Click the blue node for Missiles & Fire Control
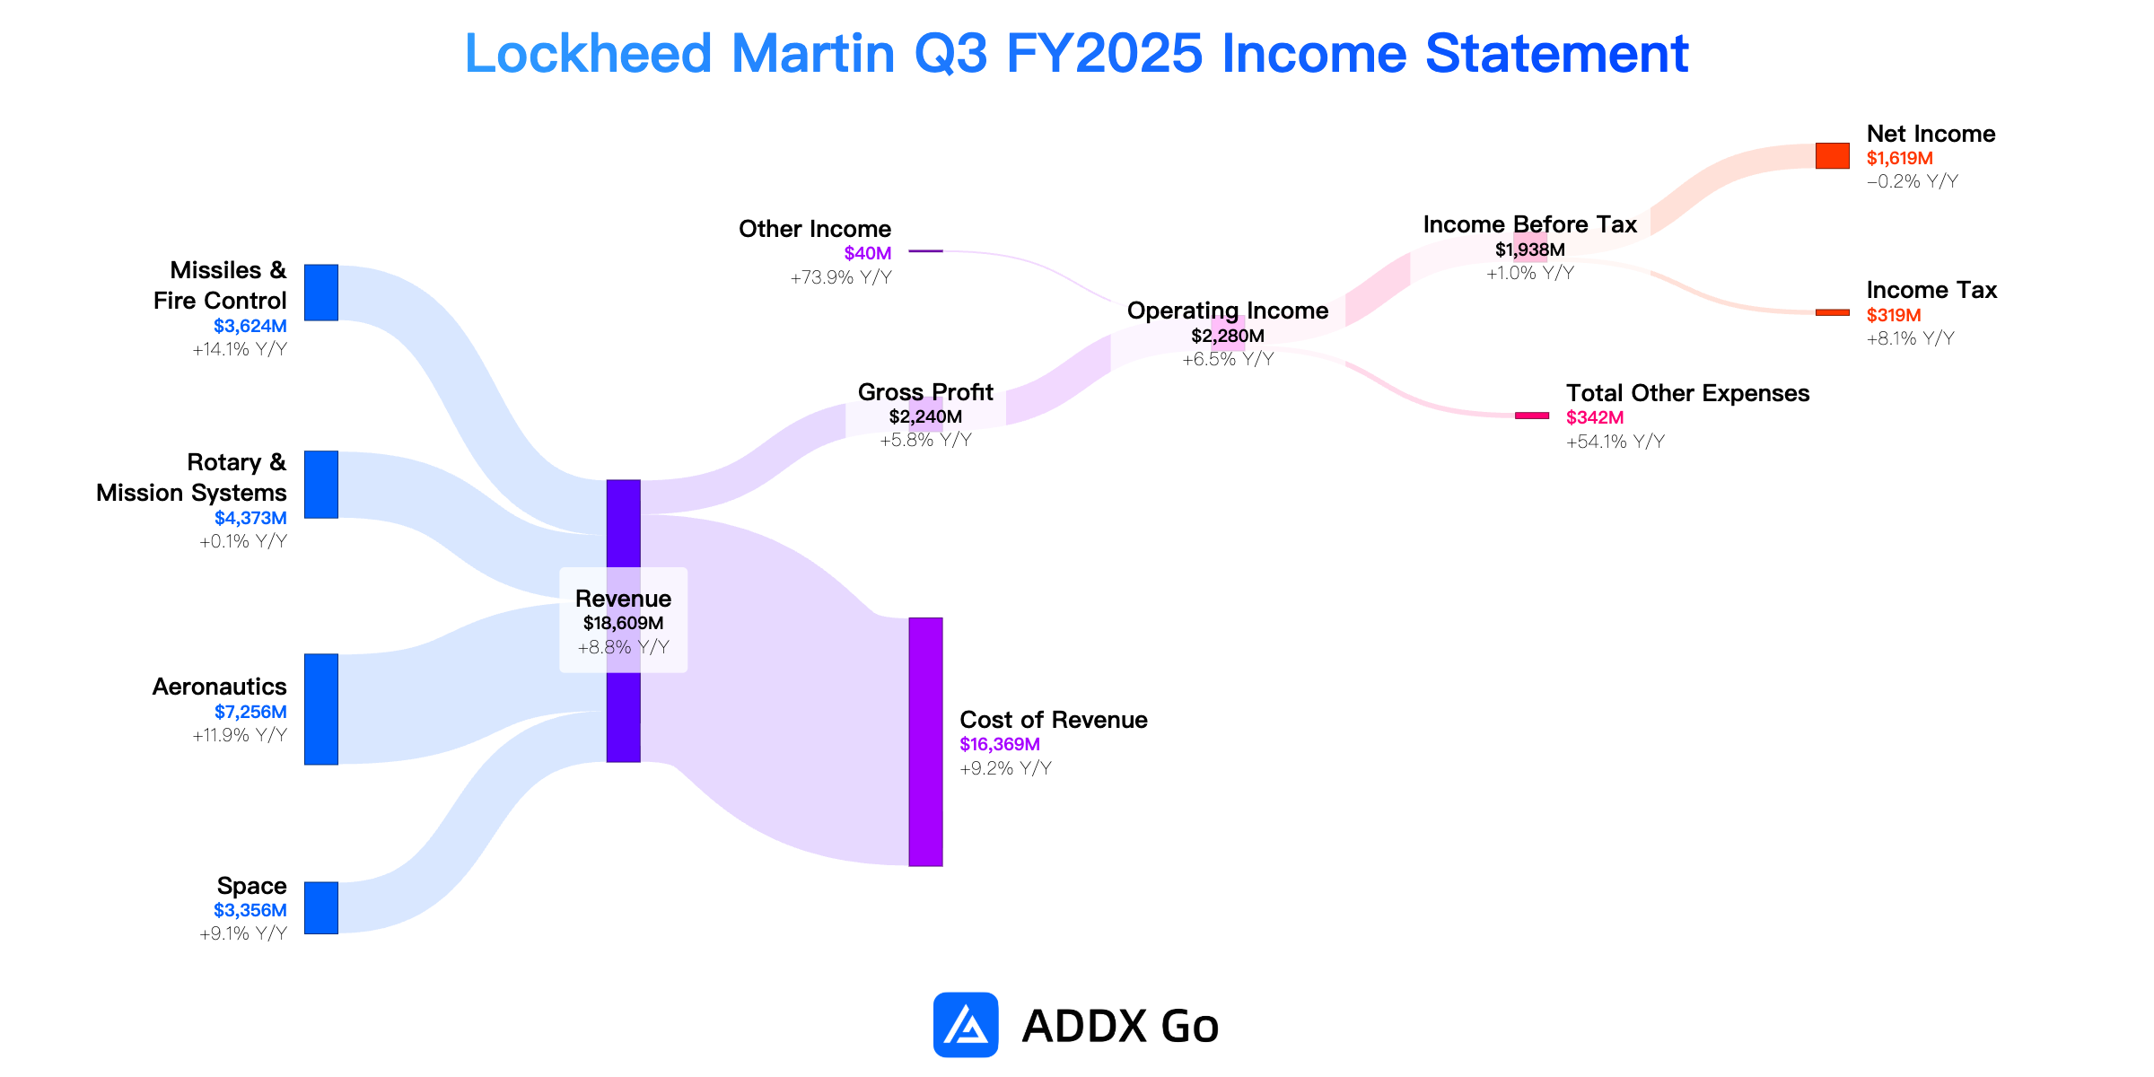321,293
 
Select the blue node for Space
321,907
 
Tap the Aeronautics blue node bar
321,709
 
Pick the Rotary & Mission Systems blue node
321,485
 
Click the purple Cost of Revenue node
925,741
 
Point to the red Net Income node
1832,156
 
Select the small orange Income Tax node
1832,312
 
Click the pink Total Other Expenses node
1532,416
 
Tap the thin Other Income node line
925,251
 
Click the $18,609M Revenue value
623,623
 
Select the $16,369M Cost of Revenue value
1000,744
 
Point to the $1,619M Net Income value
1900,158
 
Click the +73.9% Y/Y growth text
841,277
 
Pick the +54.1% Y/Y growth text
1615,442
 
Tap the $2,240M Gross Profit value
925,416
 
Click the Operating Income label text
1228,311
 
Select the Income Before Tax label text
1530,224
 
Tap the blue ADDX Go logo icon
966,1024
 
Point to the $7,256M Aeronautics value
250,712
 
